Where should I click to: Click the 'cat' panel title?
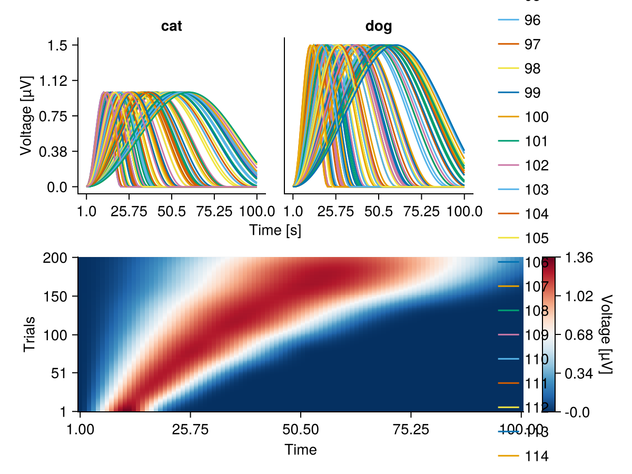172,26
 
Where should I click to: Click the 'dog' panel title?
379,26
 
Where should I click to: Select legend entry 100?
537,117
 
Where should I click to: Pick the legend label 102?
537,165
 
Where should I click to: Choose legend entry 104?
537,214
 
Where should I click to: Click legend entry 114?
537,456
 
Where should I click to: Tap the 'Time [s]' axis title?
275,230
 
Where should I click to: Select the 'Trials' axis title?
30,334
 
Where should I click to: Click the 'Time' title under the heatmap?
300,449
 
